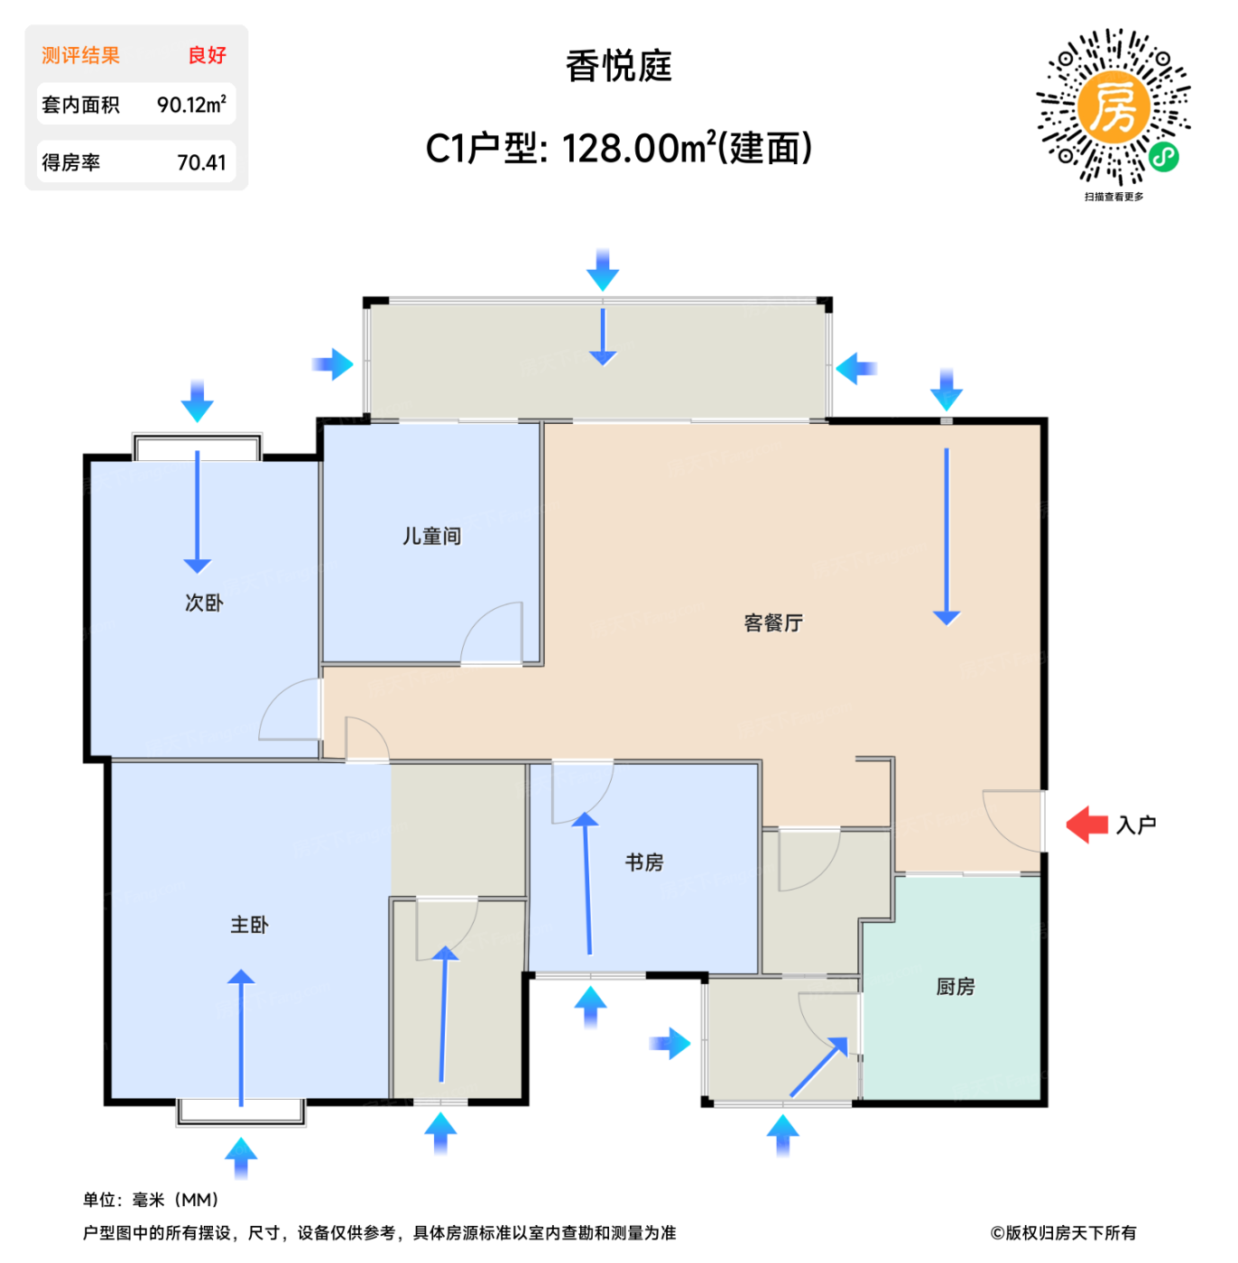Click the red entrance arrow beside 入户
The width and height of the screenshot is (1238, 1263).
[1087, 825]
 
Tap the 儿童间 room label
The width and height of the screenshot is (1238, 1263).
[431, 537]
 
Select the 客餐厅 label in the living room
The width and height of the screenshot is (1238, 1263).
[773, 623]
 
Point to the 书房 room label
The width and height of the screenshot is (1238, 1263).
[644, 863]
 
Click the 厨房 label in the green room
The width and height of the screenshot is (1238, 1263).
[956, 987]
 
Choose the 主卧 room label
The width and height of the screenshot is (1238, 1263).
[249, 925]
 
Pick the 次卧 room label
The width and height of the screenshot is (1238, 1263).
[204, 603]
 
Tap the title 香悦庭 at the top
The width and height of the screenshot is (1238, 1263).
[619, 67]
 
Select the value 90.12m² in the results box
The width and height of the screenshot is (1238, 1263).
[191, 105]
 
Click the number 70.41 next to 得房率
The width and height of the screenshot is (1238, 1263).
[201, 163]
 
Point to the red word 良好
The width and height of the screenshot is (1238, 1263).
[207, 55]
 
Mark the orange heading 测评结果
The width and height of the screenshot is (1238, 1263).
[81, 55]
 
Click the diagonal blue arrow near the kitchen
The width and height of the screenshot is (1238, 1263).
[819, 1067]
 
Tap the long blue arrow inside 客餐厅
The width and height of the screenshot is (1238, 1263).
[947, 536]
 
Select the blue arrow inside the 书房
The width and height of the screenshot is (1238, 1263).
[587, 883]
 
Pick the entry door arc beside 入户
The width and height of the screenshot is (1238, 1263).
[1009, 821]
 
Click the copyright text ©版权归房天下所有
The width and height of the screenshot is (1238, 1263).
[1063, 1233]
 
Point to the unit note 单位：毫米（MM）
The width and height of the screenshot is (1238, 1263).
[151, 1200]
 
